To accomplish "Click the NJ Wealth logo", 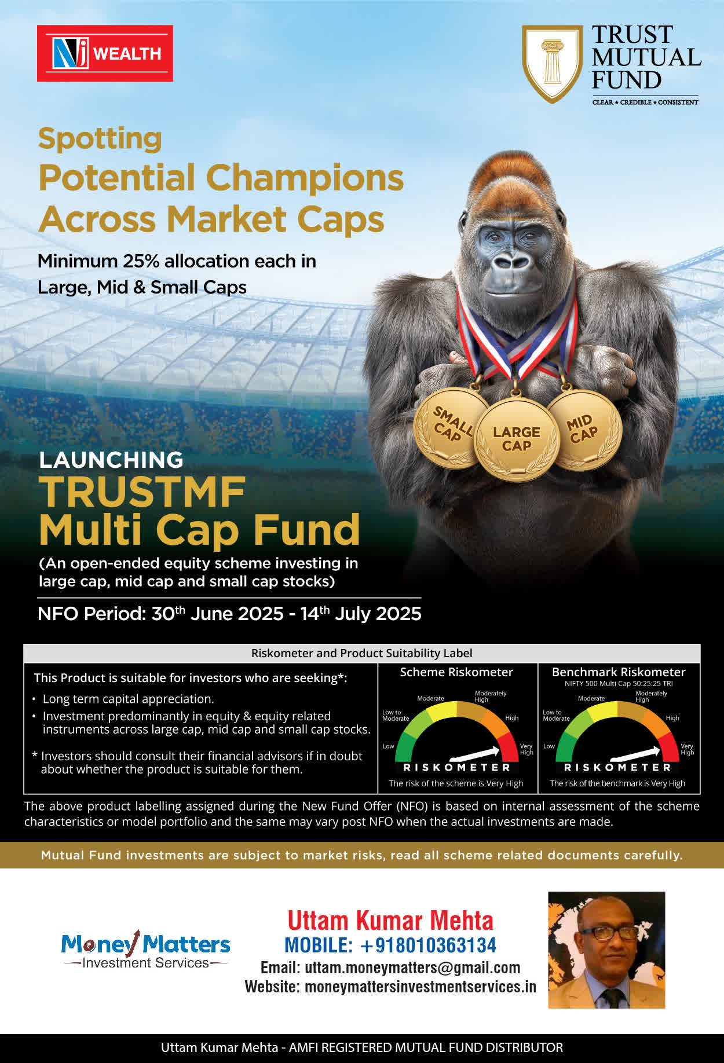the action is tap(105, 53).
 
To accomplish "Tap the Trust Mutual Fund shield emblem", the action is tap(553, 64).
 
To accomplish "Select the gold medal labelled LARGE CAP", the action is tap(516, 439).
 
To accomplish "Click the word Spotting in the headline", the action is tap(100, 139).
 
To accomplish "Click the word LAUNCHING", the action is tap(111, 460).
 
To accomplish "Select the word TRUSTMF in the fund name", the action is tap(142, 492).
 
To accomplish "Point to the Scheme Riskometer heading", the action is tap(456, 672).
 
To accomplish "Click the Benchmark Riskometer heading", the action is tap(619, 672).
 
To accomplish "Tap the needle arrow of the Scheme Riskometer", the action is tap(474, 753).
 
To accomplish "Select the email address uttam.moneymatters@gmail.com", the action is tap(412, 967).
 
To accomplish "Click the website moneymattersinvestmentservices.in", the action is tap(420, 987).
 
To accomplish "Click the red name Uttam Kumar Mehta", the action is tap(390, 921).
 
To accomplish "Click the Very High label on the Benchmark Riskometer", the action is tap(687, 749).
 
